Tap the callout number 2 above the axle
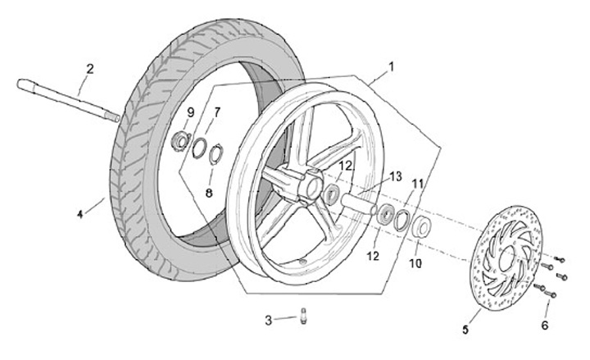pyautogui.click(x=90, y=68)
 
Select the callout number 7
pyautogui.click(x=217, y=112)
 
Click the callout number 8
pyautogui.click(x=209, y=193)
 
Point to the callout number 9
pyautogui.click(x=190, y=112)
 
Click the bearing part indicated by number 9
pyautogui.click(x=179, y=140)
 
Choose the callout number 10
pyautogui.click(x=415, y=264)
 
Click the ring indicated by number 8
pyautogui.click(x=216, y=153)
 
